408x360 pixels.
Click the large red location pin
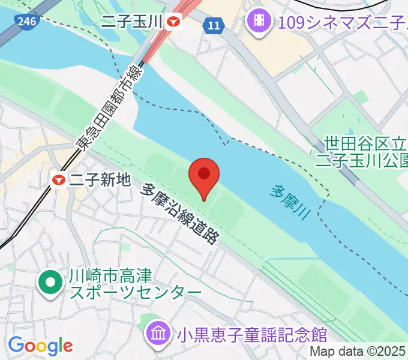pyautogui.click(x=203, y=176)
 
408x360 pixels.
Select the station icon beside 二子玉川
pyautogui.click(x=175, y=22)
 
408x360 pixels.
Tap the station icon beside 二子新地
pyautogui.click(x=59, y=179)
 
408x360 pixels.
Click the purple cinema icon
pyautogui.click(x=258, y=22)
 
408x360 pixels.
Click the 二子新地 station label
pyautogui.click(x=100, y=179)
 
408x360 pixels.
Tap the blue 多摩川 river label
pyautogui.click(x=289, y=202)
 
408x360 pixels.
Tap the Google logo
pyautogui.click(x=40, y=346)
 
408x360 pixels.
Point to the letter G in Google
pyautogui.click(x=15, y=345)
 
